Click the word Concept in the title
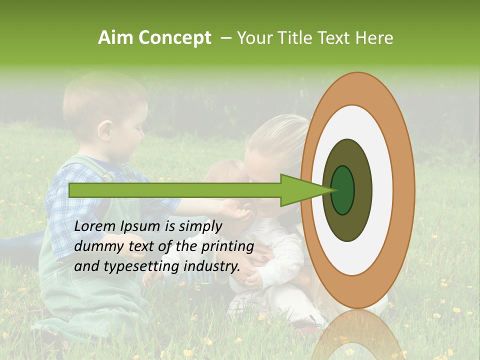pyautogui.click(x=174, y=38)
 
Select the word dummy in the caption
pyautogui.click(x=96, y=246)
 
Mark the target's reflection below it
pyautogui.click(x=357, y=335)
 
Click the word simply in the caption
pyautogui.click(x=198, y=226)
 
